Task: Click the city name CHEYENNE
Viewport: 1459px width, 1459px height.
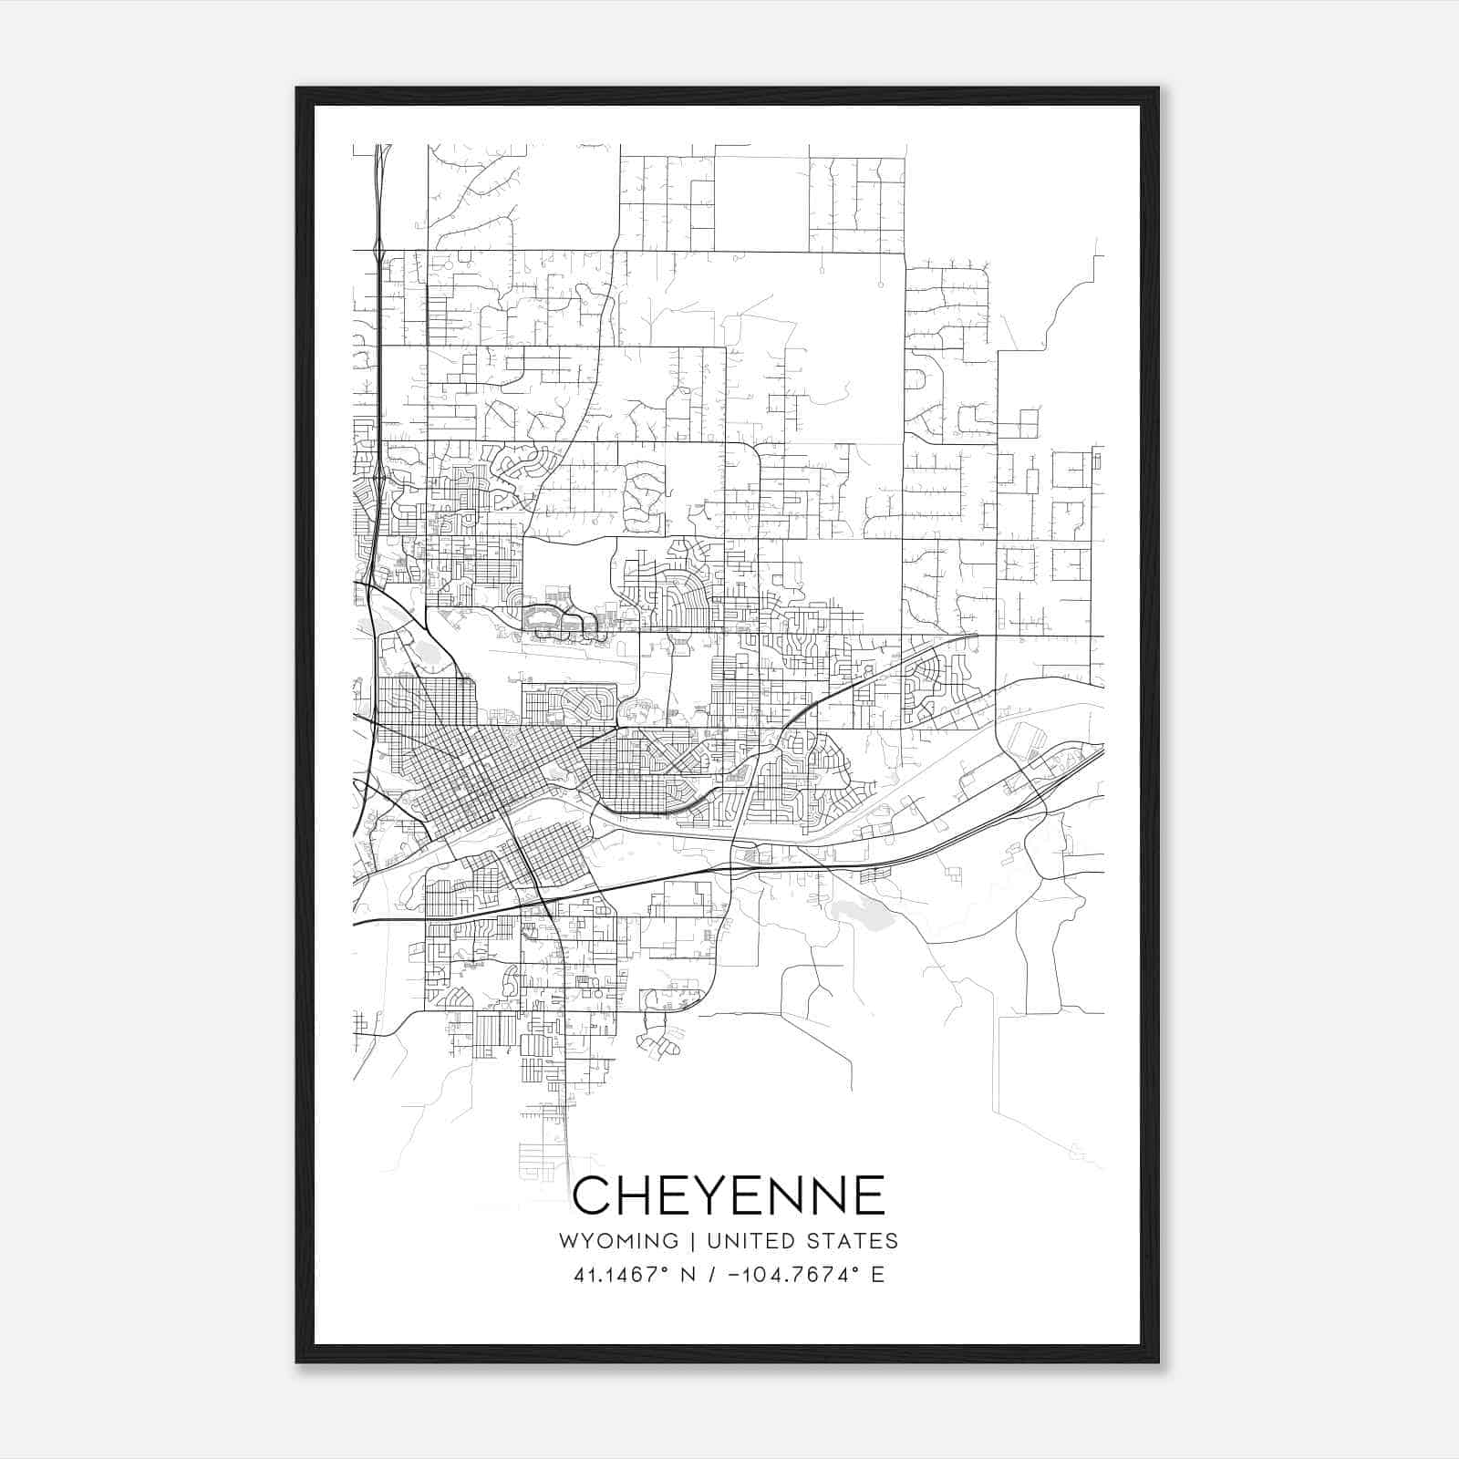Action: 729,1195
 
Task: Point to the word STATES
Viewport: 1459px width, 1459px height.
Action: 854,1241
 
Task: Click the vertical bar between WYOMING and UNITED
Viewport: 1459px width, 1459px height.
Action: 692,1241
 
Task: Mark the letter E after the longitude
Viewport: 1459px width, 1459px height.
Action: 877,1274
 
